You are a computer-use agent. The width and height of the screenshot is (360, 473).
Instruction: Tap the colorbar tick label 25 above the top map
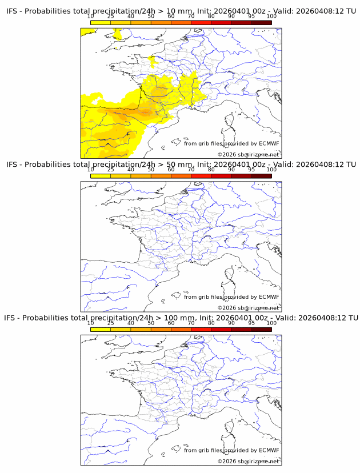[111, 17]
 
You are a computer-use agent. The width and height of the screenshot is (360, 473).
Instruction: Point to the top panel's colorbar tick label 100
[271, 17]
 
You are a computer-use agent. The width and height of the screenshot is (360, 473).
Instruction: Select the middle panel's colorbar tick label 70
[191, 170]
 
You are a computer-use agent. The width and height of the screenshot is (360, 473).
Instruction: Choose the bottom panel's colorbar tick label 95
[251, 323]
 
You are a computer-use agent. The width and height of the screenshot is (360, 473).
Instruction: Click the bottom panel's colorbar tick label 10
[90, 323]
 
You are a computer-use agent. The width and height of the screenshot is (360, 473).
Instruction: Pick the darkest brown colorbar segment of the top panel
[261, 22]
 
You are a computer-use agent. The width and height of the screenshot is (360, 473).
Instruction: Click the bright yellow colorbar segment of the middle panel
[101, 175]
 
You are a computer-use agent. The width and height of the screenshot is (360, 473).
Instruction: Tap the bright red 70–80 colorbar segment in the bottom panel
[201, 329]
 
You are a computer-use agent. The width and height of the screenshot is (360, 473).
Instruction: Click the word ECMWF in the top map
[269, 143]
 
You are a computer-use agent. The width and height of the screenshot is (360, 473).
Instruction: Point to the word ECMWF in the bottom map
[269, 450]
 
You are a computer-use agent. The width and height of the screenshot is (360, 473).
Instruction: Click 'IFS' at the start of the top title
[12, 11]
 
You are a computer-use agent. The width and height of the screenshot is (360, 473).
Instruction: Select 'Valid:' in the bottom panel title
[283, 318]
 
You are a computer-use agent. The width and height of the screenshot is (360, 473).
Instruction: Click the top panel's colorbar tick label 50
[151, 17]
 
